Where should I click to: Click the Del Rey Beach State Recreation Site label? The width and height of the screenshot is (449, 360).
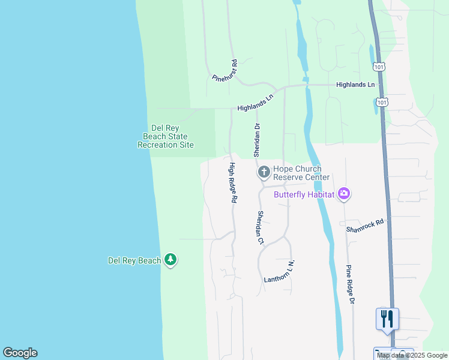[166, 136]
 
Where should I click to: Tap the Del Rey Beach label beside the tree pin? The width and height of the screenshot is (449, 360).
[134, 260]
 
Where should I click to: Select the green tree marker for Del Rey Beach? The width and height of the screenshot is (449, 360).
[171, 259]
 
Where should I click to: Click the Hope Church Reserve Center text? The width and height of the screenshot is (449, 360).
[301, 173]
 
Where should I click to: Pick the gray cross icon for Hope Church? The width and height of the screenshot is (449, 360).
[263, 173]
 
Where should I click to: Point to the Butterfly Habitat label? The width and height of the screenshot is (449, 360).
[305, 194]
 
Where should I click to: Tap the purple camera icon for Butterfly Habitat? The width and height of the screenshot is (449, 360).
[344, 193]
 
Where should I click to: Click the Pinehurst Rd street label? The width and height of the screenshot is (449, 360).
[225, 71]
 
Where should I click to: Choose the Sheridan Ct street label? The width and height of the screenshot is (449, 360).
[261, 227]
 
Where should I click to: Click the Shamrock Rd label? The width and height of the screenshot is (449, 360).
[364, 226]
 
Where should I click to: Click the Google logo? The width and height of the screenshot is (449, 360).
[20, 353]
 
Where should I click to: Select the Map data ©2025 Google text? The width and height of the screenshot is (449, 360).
[411, 355]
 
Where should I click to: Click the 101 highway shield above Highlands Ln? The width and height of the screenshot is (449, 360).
[378, 65]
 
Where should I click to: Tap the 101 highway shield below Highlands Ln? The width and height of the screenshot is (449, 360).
[382, 103]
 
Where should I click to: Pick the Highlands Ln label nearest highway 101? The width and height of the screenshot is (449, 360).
[355, 85]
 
